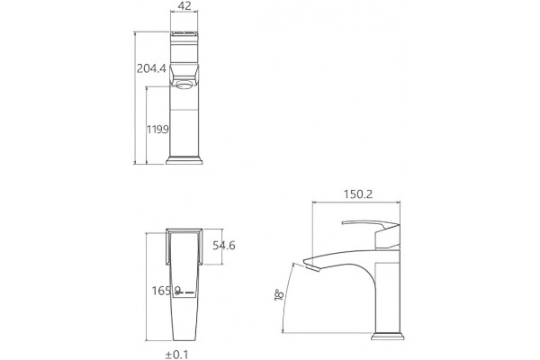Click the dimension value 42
pyautogui.click(x=184, y=5)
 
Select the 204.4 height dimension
pyautogui.click(x=151, y=68)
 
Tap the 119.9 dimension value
pyautogui.click(x=157, y=130)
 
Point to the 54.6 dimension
pyautogui.click(x=224, y=246)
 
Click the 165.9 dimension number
pyautogui.click(x=166, y=291)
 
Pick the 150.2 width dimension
pyautogui.click(x=358, y=194)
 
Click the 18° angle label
pyautogui.click(x=279, y=295)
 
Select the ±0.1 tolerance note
pyautogui.click(x=177, y=355)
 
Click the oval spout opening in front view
pyautogui.click(x=184, y=84)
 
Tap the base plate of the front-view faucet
pyautogui.click(x=184, y=160)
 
